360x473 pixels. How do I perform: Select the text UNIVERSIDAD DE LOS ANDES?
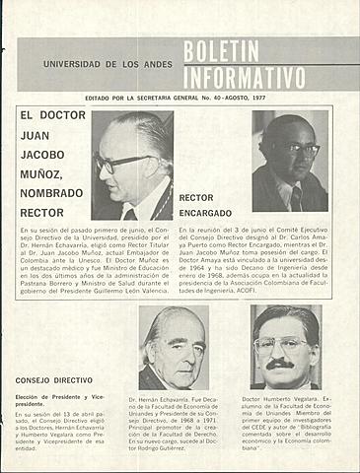tap(108, 64)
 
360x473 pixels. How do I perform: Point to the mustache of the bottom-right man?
tap(281, 364)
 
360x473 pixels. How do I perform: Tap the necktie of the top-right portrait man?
tap(296, 197)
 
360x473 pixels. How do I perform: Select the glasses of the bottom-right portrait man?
tap(281, 345)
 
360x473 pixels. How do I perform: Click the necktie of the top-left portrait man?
tap(131, 213)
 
